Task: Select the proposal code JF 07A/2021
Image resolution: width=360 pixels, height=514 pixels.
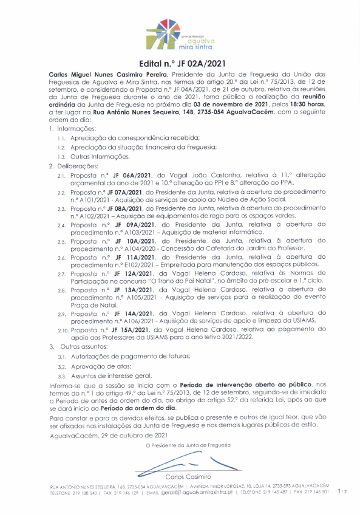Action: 120,192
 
